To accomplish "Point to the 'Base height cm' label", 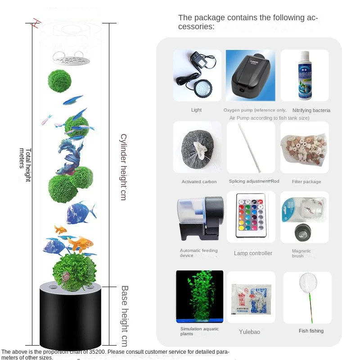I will point(124,315).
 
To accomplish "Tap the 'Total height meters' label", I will point(25,164).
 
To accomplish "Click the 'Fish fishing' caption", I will point(311,331).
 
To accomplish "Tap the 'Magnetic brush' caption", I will point(301,253).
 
